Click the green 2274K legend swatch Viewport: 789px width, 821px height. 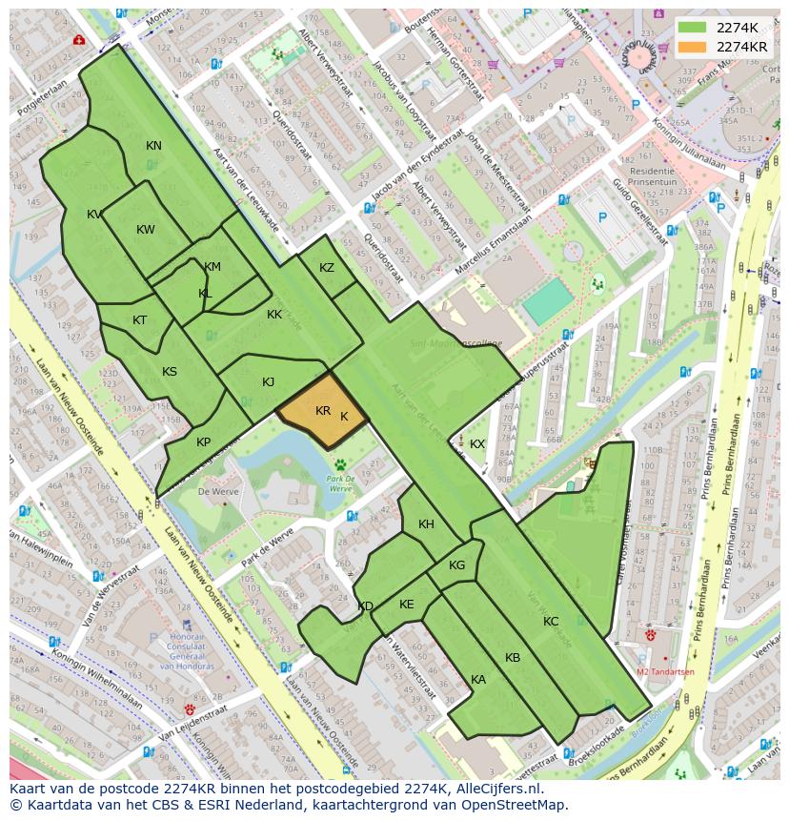pos(693,28)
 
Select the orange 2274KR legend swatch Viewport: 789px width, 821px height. pos(693,47)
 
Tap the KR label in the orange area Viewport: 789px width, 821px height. pos(323,411)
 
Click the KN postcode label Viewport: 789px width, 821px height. pos(153,146)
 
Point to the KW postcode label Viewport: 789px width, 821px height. pos(146,230)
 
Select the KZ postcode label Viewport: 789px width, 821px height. pos(327,268)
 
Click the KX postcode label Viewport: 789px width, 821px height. pos(477,444)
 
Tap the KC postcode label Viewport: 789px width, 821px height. pos(551,622)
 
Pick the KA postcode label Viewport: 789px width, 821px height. pos(478,680)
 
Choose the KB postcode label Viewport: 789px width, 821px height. pos(513,658)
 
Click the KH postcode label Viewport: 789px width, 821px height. pos(426,524)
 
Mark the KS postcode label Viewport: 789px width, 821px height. pos(170,372)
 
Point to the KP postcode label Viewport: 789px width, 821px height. pos(203,442)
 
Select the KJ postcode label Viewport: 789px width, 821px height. pos(269,382)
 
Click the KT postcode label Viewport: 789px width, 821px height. pos(140,320)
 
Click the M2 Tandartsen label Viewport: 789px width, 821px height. pos(665,672)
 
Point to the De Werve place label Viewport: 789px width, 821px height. pos(216,492)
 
